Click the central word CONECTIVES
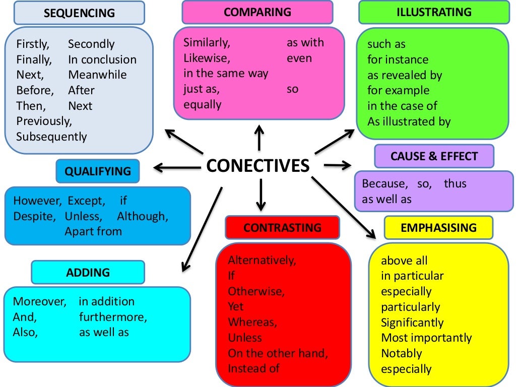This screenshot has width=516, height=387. tap(258, 165)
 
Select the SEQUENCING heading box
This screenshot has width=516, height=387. tap(79, 13)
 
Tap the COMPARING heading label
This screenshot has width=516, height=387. tap(257, 12)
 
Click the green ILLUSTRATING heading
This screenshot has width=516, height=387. tap(434, 12)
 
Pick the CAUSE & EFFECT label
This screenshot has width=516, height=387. tap(434, 156)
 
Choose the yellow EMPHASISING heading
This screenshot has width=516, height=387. tap(438, 228)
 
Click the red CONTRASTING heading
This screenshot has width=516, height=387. tap(282, 228)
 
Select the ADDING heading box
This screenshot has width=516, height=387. tap(88, 273)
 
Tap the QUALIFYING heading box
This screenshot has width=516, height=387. tap(97, 171)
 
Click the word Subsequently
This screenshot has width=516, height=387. tap(51, 137)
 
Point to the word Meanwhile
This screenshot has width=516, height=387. tap(97, 75)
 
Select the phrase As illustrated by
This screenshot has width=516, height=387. tap(409, 121)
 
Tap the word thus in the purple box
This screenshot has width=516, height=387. tap(455, 183)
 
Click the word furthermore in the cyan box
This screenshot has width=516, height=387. tap(113, 317)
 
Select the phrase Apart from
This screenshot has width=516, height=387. tap(93, 232)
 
